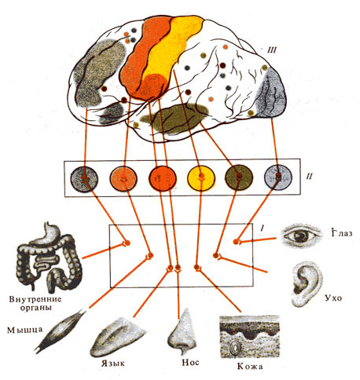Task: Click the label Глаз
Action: click(x=341, y=232)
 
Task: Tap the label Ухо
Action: click(x=333, y=298)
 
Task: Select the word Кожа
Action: click(x=250, y=366)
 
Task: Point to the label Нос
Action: click(x=190, y=362)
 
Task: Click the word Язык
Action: click(x=113, y=364)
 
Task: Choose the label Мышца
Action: click(x=24, y=330)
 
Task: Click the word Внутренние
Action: click(x=35, y=299)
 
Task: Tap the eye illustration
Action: click(x=301, y=236)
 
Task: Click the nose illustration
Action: click(x=182, y=332)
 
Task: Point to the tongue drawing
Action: click(x=116, y=338)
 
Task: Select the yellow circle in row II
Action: click(x=201, y=178)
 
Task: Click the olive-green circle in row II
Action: click(x=239, y=177)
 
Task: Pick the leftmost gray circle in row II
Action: click(x=84, y=180)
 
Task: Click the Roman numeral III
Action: click(x=271, y=49)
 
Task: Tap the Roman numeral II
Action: click(x=310, y=177)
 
